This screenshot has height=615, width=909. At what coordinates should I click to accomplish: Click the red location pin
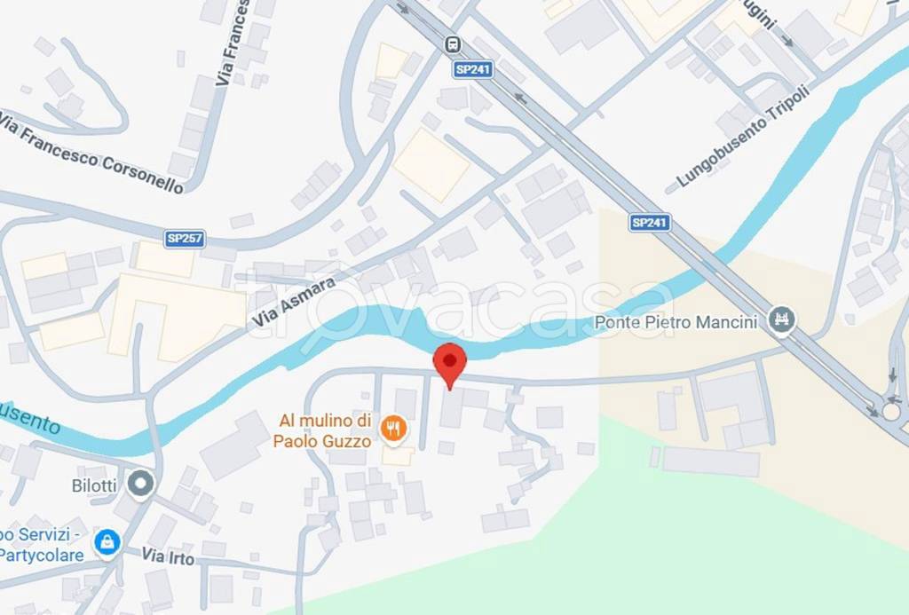tap(449, 362)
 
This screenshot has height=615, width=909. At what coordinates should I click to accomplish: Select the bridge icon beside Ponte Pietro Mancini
tap(783, 319)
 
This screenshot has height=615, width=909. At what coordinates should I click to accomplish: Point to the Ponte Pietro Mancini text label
tap(676, 321)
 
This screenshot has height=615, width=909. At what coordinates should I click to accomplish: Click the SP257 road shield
tap(184, 239)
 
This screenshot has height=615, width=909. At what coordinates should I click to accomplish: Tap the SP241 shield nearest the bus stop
tap(472, 69)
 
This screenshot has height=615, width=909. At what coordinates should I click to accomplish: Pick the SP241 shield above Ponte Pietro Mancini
tap(650, 223)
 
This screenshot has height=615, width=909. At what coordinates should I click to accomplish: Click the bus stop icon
tap(454, 44)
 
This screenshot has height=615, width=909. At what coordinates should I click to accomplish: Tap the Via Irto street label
tap(168, 557)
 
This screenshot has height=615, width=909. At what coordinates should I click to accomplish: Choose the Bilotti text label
tap(96, 485)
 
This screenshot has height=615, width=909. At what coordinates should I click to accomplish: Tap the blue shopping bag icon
tap(107, 542)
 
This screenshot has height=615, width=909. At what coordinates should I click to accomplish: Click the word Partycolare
tap(42, 555)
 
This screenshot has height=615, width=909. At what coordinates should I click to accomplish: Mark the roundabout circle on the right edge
tap(891, 411)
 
